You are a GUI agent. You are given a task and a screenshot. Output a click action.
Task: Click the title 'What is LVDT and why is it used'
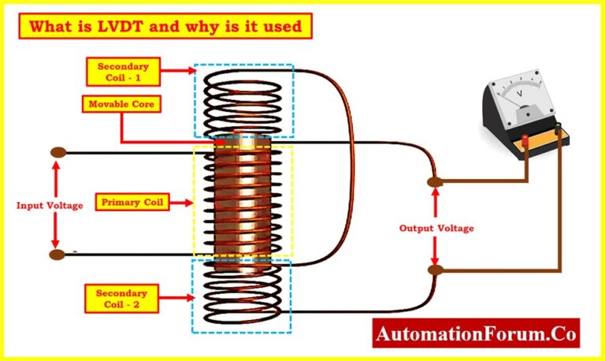(165, 27)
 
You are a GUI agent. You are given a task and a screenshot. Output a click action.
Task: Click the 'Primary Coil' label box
(133, 203)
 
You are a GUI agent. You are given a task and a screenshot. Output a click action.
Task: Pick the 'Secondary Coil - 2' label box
(119, 298)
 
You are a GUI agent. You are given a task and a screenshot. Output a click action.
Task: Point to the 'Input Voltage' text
(49, 205)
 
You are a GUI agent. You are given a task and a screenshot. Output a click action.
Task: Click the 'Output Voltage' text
(436, 228)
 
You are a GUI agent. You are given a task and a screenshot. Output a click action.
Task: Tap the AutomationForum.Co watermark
(476, 333)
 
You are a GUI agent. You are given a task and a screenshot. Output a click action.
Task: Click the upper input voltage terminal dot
(57, 152)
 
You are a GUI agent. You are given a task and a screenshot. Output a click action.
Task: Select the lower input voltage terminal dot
(57, 255)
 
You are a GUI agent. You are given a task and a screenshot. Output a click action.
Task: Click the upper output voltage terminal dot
(434, 183)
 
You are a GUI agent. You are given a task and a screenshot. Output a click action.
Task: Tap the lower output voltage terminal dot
(434, 270)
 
